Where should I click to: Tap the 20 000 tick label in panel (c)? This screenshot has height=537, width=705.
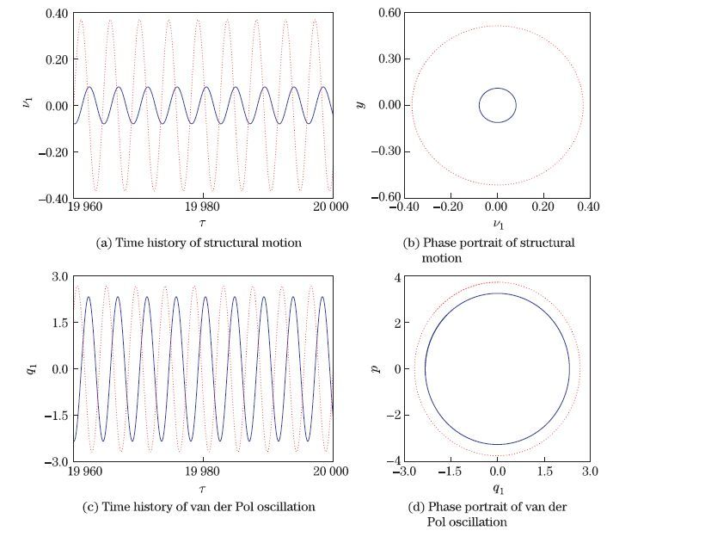tap(330, 472)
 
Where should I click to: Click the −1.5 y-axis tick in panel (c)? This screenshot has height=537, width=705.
tap(56, 416)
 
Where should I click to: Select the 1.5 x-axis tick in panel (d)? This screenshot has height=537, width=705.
tap(543, 472)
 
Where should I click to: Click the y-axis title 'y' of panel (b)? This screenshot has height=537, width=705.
tap(362, 105)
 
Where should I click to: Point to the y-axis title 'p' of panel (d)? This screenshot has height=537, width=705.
tap(375, 369)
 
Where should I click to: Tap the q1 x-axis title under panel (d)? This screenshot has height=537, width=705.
tap(497, 488)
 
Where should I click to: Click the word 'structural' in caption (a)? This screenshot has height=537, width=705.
tap(224, 243)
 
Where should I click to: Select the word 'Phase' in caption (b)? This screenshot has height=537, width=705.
tap(443, 243)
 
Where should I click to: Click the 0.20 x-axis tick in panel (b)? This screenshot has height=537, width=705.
tap(543, 207)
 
